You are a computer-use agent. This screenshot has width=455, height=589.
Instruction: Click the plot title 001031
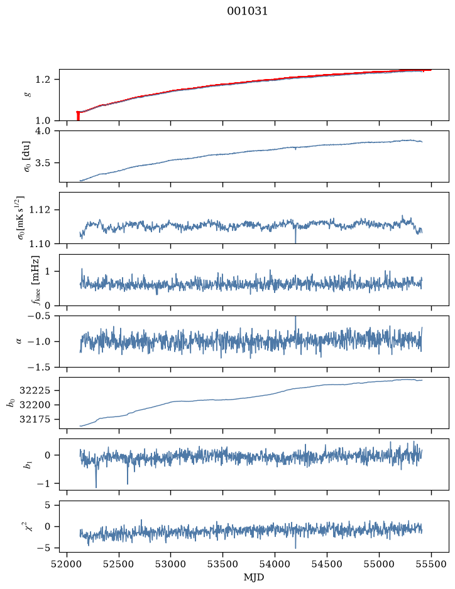pyautogui.click(x=247, y=11)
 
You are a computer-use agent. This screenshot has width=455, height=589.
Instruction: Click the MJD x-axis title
pyautogui.click(x=254, y=577)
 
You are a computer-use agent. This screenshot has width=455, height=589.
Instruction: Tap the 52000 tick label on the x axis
pyautogui.click(x=67, y=564)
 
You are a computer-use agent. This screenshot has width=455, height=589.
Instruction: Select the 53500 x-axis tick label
pyautogui.click(x=223, y=564)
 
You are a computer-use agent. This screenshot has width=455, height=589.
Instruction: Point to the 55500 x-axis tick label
pyautogui.click(x=431, y=564)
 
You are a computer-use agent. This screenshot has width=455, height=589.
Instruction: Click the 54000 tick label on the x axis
pyautogui.click(x=275, y=564)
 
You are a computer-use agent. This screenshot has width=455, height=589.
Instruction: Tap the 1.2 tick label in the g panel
pyautogui.click(x=43, y=80)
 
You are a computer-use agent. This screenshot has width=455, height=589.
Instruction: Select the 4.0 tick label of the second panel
pyautogui.click(x=43, y=131)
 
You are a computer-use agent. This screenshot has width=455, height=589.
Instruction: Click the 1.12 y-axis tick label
pyautogui.click(x=39, y=210)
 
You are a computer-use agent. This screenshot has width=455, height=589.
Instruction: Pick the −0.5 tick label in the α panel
pyautogui.click(x=39, y=316)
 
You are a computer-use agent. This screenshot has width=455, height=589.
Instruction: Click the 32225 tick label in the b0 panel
pyautogui.click(x=35, y=391)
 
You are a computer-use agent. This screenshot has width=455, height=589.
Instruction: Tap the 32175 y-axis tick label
pyautogui.click(x=35, y=420)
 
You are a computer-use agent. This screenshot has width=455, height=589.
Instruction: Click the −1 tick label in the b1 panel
pyautogui.click(x=43, y=484)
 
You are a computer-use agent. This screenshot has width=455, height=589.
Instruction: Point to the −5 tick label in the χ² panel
pyautogui.click(x=43, y=548)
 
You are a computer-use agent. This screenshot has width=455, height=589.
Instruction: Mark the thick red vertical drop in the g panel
pyautogui.click(x=78, y=115)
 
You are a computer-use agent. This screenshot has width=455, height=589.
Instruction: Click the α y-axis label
pyautogui.click(x=19, y=341)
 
